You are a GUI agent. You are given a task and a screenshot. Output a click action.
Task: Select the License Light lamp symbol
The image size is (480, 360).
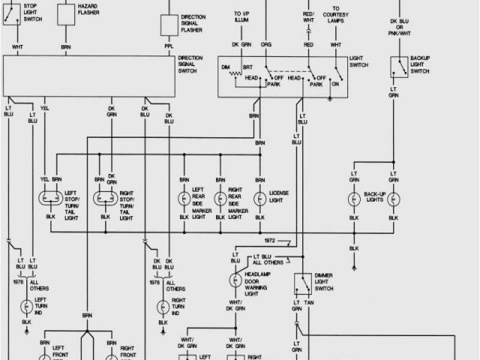tap(259, 199)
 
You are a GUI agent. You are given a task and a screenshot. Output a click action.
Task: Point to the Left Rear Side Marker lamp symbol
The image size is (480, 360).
tap(183, 199)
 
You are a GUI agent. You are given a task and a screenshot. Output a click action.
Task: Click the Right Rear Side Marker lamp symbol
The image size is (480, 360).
tap(220, 199)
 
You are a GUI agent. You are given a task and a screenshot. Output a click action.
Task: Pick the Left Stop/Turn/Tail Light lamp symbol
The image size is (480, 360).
tap(51, 199)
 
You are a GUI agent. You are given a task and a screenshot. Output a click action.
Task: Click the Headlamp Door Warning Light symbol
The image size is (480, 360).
tap(234, 280)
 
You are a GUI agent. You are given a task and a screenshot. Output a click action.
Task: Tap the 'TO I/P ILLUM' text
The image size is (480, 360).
tap(241, 17)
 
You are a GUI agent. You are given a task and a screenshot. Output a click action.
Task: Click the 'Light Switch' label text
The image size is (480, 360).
tap(358, 62)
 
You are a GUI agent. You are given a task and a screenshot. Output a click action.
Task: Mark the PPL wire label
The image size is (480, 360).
tap(169, 46)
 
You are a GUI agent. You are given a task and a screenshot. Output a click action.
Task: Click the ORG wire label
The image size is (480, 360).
tap(265, 45)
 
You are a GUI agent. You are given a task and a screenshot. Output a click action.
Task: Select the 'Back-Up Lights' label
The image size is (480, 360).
tap(373, 198)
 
